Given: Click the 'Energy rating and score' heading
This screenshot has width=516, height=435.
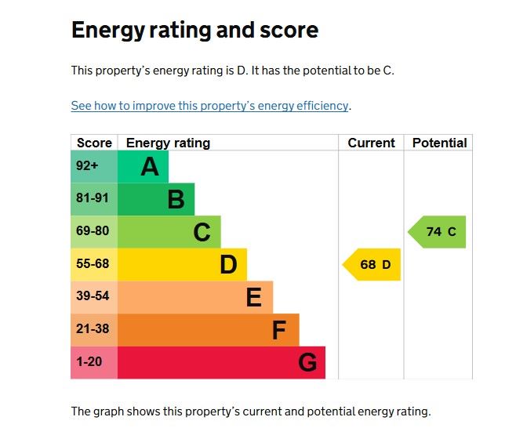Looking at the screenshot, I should click(x=194, y=31).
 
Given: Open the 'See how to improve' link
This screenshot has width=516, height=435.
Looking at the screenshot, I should click(x=209, y=106).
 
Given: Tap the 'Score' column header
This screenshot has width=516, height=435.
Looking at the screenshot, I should click(x=94, y=143).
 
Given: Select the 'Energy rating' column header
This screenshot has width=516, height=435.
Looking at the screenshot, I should click(x=168, y=143).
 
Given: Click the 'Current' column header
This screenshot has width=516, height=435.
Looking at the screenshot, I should click(x=371, y=143).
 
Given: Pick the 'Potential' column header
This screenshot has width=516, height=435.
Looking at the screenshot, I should click(x=439, y=143).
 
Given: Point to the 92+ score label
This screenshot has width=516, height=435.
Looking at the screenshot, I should click(x=87, y=166).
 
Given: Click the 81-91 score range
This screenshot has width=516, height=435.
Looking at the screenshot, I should click(x=92, y=199).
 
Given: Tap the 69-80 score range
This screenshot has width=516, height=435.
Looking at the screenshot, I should click(x=92, y=232).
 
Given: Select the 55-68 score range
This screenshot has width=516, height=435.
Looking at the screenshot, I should click(x=92, y=264).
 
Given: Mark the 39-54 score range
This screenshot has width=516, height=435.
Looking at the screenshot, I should click(x=92, y=297).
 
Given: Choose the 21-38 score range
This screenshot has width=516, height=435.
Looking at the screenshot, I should click(x=92, y=330).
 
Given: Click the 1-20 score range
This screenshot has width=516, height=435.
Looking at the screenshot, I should click(x=89, y=362).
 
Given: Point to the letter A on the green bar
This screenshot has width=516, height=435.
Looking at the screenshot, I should click(x=150, y=167).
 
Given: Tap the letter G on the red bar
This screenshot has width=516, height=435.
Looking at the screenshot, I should click(x=307, y=363).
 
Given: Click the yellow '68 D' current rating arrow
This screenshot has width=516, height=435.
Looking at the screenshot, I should click(x=372, y=265).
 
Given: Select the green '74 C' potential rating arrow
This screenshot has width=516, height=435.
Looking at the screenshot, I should click(x=438, y=232).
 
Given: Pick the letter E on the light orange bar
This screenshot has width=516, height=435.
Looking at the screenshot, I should click(x=253, y=298).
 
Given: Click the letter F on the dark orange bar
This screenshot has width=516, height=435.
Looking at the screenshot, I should click(x=278, y=331).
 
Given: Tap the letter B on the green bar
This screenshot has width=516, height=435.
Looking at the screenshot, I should click(x=176, y=200).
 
